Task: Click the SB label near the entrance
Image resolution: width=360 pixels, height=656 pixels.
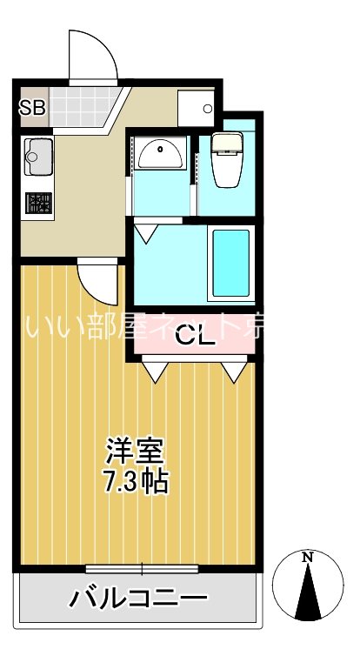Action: tap(32, 108)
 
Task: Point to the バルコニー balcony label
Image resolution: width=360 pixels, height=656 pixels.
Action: tap(139, 599)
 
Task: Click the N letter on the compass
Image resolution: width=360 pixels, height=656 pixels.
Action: tap(307, 559)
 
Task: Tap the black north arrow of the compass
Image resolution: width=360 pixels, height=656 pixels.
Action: tap(307, 595)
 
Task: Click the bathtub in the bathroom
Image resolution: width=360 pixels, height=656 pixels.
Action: tap(230, 261)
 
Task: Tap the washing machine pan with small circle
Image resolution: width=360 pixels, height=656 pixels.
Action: tap(196, 108)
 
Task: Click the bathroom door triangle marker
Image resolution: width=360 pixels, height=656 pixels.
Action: tap(144, 232)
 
